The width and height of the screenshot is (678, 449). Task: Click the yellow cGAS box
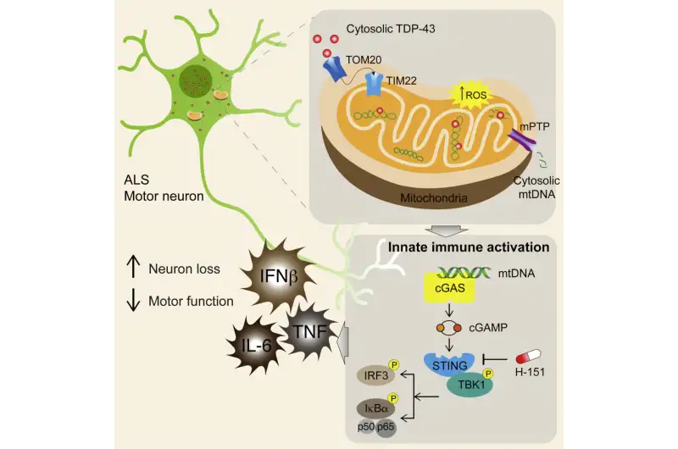pos(450,288)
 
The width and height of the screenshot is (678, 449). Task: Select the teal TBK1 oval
pos(470,385)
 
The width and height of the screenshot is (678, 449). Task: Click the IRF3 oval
pos(375,375)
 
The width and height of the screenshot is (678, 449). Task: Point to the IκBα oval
pos(375,408)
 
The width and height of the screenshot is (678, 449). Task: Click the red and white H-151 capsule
pos(528,357)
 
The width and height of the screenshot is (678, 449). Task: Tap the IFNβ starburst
pos(277,276)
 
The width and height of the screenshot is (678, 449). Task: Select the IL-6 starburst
pos(256,346)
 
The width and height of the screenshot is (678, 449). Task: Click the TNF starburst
pos(310,331)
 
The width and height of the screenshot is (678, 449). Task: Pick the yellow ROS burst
pos(472,94)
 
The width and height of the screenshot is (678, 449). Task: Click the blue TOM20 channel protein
pos(334,69)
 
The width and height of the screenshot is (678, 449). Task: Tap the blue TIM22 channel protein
pos(374,84)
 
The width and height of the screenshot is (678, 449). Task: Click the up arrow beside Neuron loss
pos(133,267)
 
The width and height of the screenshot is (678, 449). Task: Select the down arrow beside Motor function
pos(133,300)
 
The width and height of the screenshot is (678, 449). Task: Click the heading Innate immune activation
pos(469,247)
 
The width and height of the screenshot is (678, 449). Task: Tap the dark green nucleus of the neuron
pos(196,81)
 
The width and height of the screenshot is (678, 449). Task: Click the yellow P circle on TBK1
pos(488,374)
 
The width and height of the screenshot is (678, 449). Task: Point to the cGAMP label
pos(488,328)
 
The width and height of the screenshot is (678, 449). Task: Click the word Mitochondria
pos(433,198)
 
